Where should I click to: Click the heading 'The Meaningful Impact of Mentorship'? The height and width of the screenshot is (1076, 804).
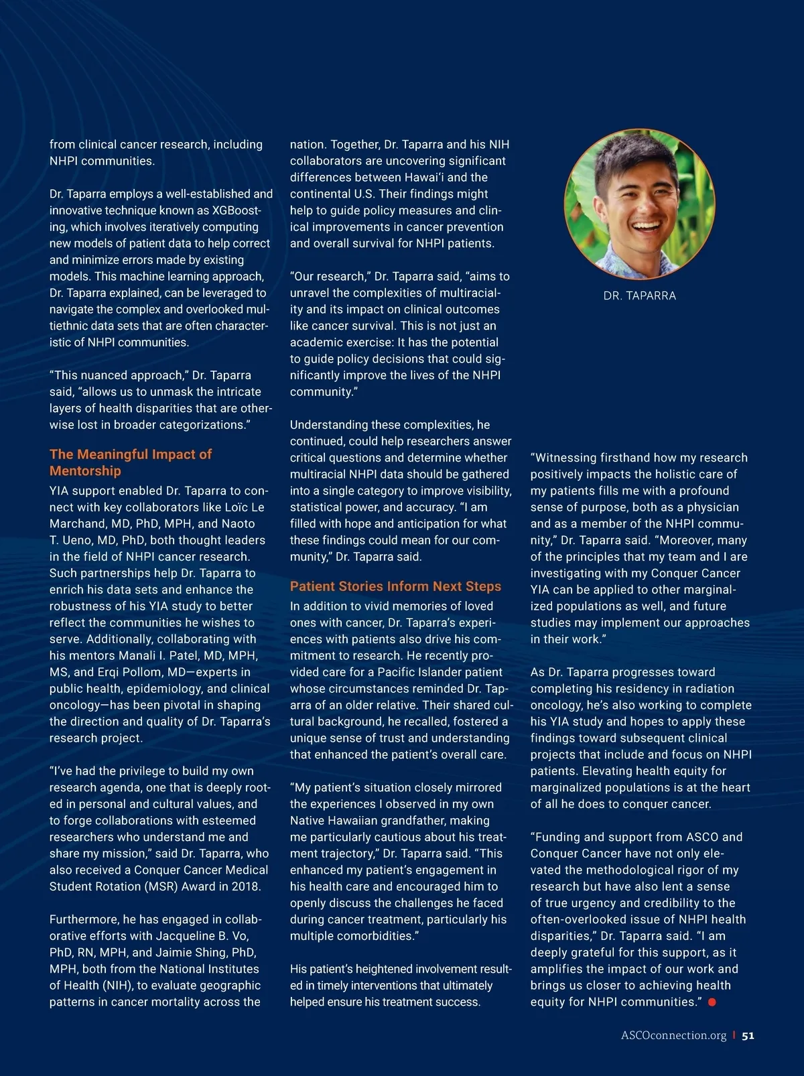tap(131, 462)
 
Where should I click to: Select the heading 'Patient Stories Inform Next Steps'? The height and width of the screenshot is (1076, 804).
tap(395, 586)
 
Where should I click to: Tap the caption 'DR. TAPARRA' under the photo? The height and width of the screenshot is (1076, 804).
tap(640, 295)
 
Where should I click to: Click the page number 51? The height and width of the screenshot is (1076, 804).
tap(748, 1035)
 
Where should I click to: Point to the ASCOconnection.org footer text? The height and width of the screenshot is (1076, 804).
tap(673, 1035)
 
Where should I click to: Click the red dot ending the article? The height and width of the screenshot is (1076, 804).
tap(712, 1002)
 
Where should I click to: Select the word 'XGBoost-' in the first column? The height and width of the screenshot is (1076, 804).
tap(236, 210)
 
